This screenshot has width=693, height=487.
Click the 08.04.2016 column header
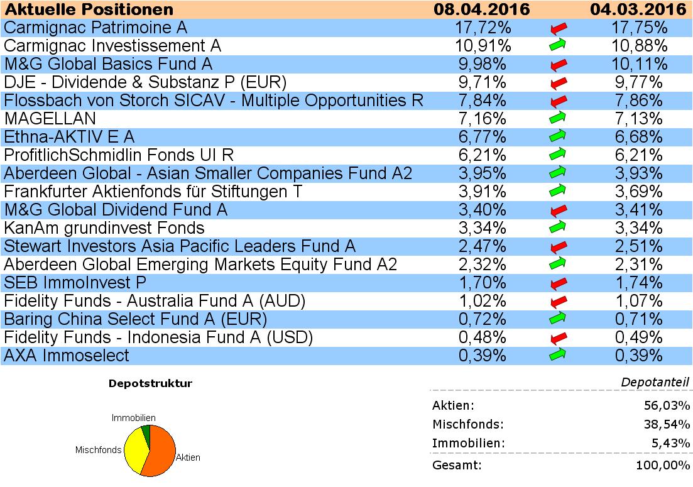click(482, 9)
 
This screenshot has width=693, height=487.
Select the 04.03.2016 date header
click(637, 9)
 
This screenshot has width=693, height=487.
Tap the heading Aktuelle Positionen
click(89, 9)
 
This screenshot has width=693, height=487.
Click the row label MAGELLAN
click(50, 119)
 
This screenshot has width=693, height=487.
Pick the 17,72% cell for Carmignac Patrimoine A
click(482, 28)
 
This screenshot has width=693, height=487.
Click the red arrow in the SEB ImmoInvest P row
click(557, 283)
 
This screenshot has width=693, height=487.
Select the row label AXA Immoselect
click(66, 356)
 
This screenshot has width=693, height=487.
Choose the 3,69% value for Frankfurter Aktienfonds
click(637, 192)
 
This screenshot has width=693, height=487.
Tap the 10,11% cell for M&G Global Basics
click(637, 65)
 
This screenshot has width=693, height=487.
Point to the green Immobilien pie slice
click(146, 430)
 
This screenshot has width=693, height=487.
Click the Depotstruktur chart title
click(150, 383)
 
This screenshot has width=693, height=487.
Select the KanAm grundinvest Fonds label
click(104, 228)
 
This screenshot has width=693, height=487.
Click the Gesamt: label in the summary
click(457, 466)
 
